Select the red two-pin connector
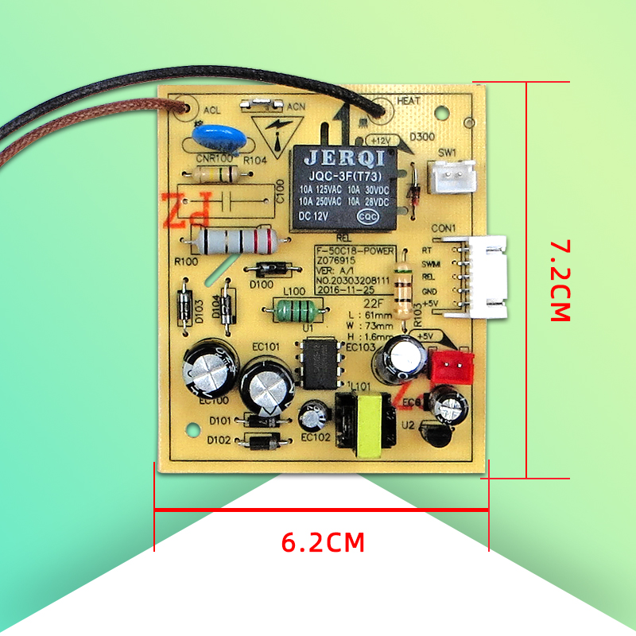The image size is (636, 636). click(451, 366)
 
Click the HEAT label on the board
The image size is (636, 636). click(408, 101)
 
